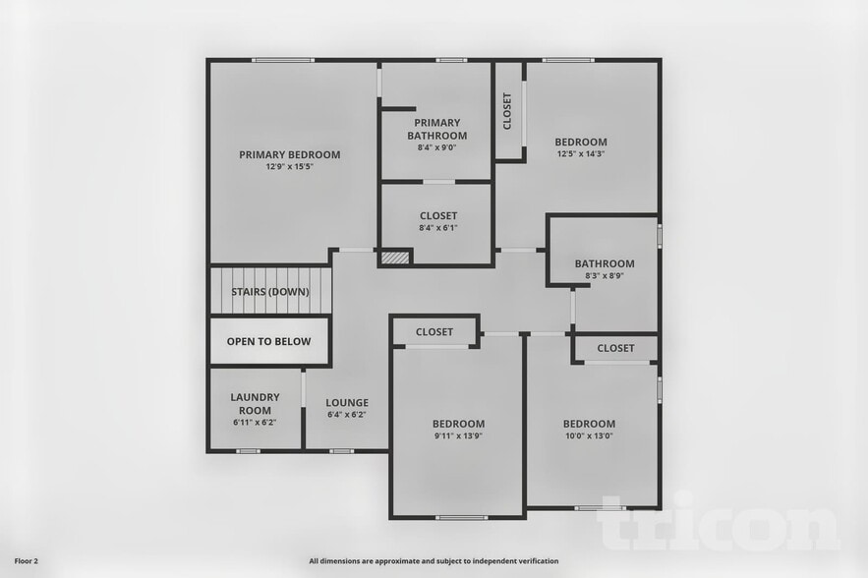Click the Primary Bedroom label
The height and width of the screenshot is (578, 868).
tap(290, 154)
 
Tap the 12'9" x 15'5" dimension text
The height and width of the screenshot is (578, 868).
tap(290, 167)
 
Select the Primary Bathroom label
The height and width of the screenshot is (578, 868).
tap(436, 129)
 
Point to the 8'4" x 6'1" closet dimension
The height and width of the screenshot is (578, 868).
tap(437, 228)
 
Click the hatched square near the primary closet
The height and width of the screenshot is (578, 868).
tap(395, 257)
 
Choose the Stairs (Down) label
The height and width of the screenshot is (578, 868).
tap(270, 292)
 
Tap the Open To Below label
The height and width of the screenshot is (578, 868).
tap(268, 342)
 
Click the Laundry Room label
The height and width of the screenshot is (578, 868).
tap(256, 403)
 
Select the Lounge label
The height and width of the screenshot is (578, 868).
tap(347, 402)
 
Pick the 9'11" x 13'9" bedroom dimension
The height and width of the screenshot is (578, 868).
tap(458, 436)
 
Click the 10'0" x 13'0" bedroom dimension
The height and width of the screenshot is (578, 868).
tap(589, 436)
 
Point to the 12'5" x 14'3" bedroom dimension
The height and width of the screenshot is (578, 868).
tap(581, 154)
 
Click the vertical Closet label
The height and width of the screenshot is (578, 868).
tap(507, 111)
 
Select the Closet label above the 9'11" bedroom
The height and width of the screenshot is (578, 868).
tap(434, 332)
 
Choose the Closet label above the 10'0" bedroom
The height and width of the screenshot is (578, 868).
tap(615, 348)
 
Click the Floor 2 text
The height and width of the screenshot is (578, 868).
tap(24, 561)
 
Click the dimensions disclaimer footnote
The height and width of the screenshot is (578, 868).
tap(434, 561)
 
